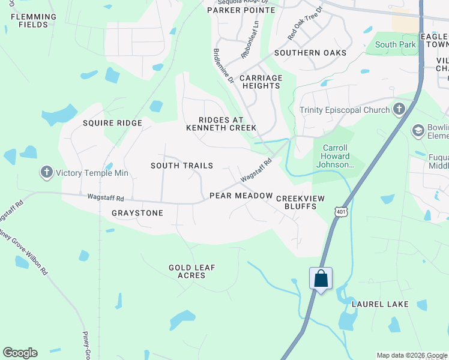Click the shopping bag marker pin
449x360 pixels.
[321, 279]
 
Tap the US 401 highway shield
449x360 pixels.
[341, 211]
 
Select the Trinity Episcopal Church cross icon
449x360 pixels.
[399, 109]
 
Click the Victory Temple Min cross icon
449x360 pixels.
[47, 173]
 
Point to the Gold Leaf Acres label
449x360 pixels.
[191, 271]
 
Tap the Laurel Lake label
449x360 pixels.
[381, 304]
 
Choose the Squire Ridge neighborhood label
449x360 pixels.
[112, 123]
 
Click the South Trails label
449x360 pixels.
[181, 166]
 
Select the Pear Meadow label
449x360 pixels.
[241, 196]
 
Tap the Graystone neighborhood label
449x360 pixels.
[137, 213]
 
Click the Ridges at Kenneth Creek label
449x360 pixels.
[221, 124]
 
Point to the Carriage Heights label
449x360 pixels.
[261, 82]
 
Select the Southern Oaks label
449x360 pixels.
[310, 53]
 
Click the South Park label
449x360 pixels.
[394, 44]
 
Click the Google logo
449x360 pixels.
[20, 353]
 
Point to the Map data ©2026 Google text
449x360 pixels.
[411, 355]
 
